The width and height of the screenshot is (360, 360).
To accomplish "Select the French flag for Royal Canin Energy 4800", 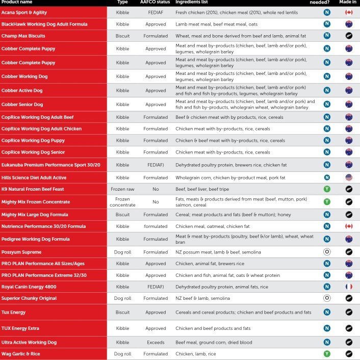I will (349, 287).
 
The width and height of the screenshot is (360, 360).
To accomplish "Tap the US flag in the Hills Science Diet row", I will (349, 177).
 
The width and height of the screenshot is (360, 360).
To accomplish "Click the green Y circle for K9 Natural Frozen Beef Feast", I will (326, 189).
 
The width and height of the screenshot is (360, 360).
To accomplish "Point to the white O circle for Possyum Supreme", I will (326, 252).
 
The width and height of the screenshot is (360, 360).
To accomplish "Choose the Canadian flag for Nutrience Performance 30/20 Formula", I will (349, 226).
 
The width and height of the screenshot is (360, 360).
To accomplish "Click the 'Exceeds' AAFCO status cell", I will (156, 342).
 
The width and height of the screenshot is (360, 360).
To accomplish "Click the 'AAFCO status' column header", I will (155, 3).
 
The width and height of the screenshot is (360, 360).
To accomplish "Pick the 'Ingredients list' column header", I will (194, 3).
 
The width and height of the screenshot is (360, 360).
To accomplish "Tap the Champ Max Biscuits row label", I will (23, 36).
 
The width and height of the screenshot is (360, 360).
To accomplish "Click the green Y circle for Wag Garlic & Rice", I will (326, 353).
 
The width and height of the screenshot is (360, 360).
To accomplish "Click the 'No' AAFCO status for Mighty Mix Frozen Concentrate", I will (156, 201).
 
